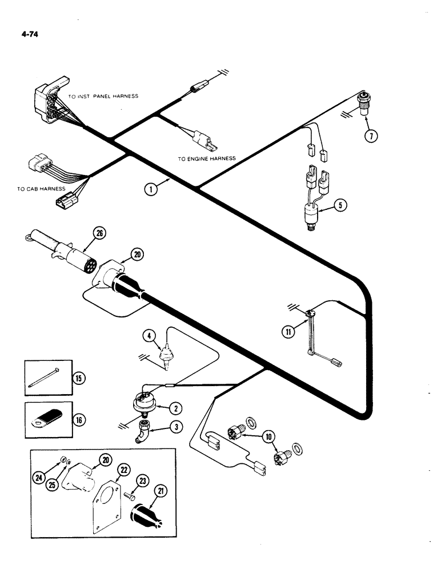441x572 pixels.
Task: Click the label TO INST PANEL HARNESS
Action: pos(103,97)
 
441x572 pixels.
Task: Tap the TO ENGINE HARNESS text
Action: pos(206,158)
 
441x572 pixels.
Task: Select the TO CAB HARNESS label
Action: pos(41,188)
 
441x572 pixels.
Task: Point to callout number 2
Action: pos(177,408)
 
